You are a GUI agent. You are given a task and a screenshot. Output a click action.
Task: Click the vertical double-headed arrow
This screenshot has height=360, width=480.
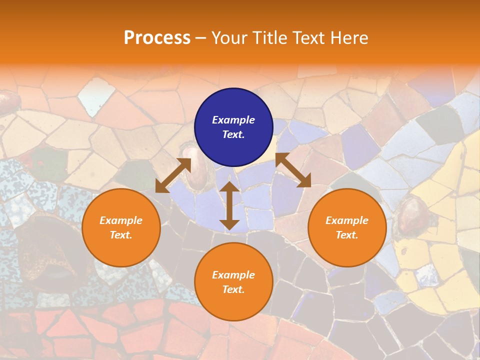tap(229, 205)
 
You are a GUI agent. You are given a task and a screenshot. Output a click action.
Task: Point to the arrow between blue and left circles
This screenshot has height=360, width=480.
tap(173, 175)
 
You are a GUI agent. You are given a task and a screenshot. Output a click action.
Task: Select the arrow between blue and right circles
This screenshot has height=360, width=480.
tap(293, 170)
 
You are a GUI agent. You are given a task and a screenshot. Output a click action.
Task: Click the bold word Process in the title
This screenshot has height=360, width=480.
tap(157, 37)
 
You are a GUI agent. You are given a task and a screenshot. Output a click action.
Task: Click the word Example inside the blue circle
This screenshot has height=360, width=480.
tap(233, 120)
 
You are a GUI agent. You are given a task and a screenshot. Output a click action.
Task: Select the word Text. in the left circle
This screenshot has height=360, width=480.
tap(121, 235)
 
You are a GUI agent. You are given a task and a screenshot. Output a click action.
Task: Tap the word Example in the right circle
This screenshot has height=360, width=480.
tap(347, 220)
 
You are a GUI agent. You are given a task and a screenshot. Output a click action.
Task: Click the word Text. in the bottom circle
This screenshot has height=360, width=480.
tap(233, 289)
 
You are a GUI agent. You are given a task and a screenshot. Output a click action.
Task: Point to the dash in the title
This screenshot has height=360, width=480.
tap(200, 38)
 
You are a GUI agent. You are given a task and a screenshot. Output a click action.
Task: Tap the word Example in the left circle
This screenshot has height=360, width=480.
tap(121, 220)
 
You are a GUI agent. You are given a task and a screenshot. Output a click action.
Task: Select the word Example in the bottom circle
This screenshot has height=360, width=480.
tap(233, 275)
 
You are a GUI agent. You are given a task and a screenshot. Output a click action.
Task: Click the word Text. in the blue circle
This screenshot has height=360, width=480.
tap(233, 134)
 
